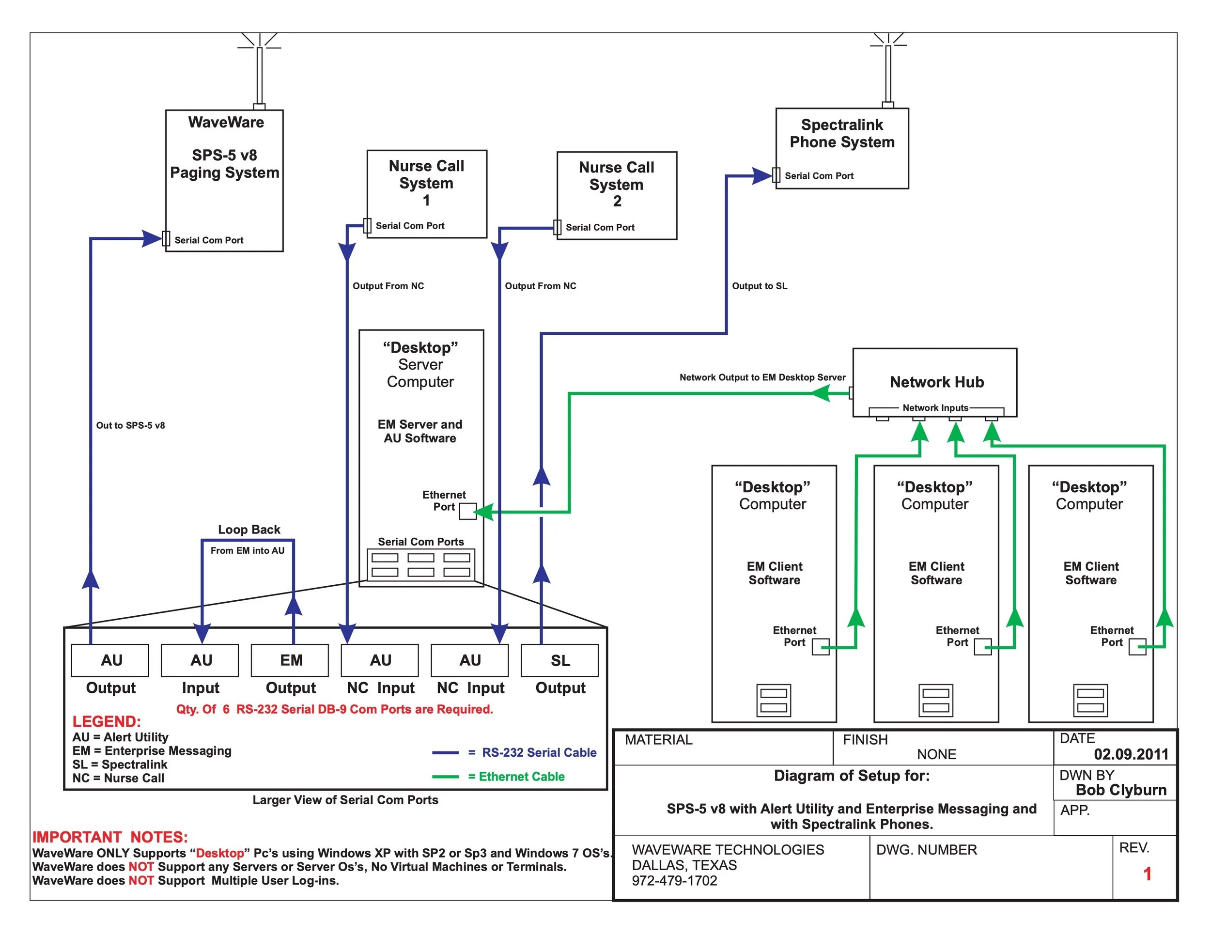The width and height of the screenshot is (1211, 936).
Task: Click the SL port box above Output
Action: coord(559,660)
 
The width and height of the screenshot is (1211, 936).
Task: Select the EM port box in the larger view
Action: coord(290,660)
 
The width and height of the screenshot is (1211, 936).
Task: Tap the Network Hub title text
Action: coord(936,382)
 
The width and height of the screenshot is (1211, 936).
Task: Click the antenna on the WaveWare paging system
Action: coord(259,71)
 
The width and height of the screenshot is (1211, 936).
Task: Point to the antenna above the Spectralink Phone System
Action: coord(888,70)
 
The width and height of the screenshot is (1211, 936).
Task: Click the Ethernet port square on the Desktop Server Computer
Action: coord(467,511)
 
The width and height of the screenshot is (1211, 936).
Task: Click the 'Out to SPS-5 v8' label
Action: coord(130,425)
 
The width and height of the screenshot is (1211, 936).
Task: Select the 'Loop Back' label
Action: coord(249,530)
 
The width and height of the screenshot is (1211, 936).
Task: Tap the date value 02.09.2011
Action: coord(1131,754)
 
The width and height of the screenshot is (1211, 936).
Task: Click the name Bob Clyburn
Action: coord(1121,790)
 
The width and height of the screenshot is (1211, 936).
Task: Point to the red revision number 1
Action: coord(1147,874)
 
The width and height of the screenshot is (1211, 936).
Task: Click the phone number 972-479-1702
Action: coord(674,881)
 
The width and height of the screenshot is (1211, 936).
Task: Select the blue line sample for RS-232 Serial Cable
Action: coord(445,752)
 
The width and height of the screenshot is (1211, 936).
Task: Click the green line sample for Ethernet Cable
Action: coord(445,776)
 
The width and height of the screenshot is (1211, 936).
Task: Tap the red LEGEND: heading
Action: coord(107,721)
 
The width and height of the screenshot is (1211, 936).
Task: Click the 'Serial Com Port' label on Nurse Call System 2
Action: coord(600,227)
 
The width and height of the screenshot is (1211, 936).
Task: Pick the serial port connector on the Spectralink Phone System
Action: coord(776,175)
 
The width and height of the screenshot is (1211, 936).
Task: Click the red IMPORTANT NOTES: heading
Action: coord(110,837)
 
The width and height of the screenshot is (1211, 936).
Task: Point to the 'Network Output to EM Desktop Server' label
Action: coord(762,377)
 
